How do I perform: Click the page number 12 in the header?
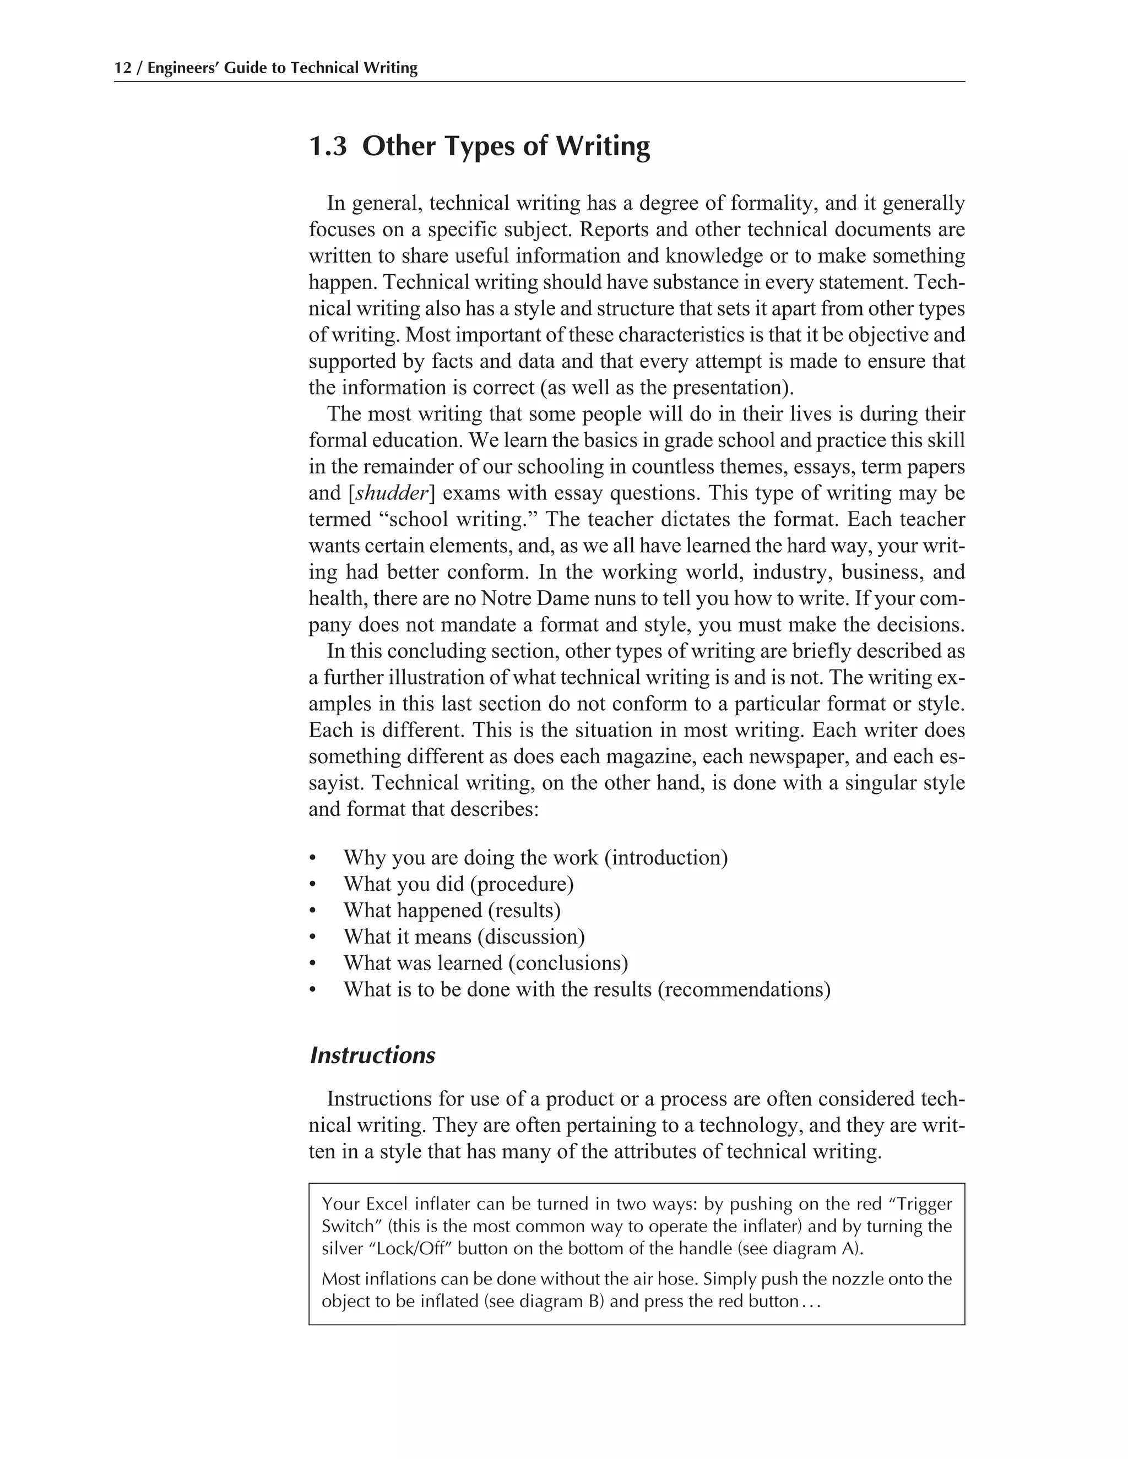[122, 68]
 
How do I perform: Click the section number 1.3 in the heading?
[328, 146]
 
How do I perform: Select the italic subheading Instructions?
[372, 1055]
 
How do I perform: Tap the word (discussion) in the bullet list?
[532, 937]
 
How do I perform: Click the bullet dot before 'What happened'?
[312, 911]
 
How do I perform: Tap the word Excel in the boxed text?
[388, 1205]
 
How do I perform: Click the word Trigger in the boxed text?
[922, 1205]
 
